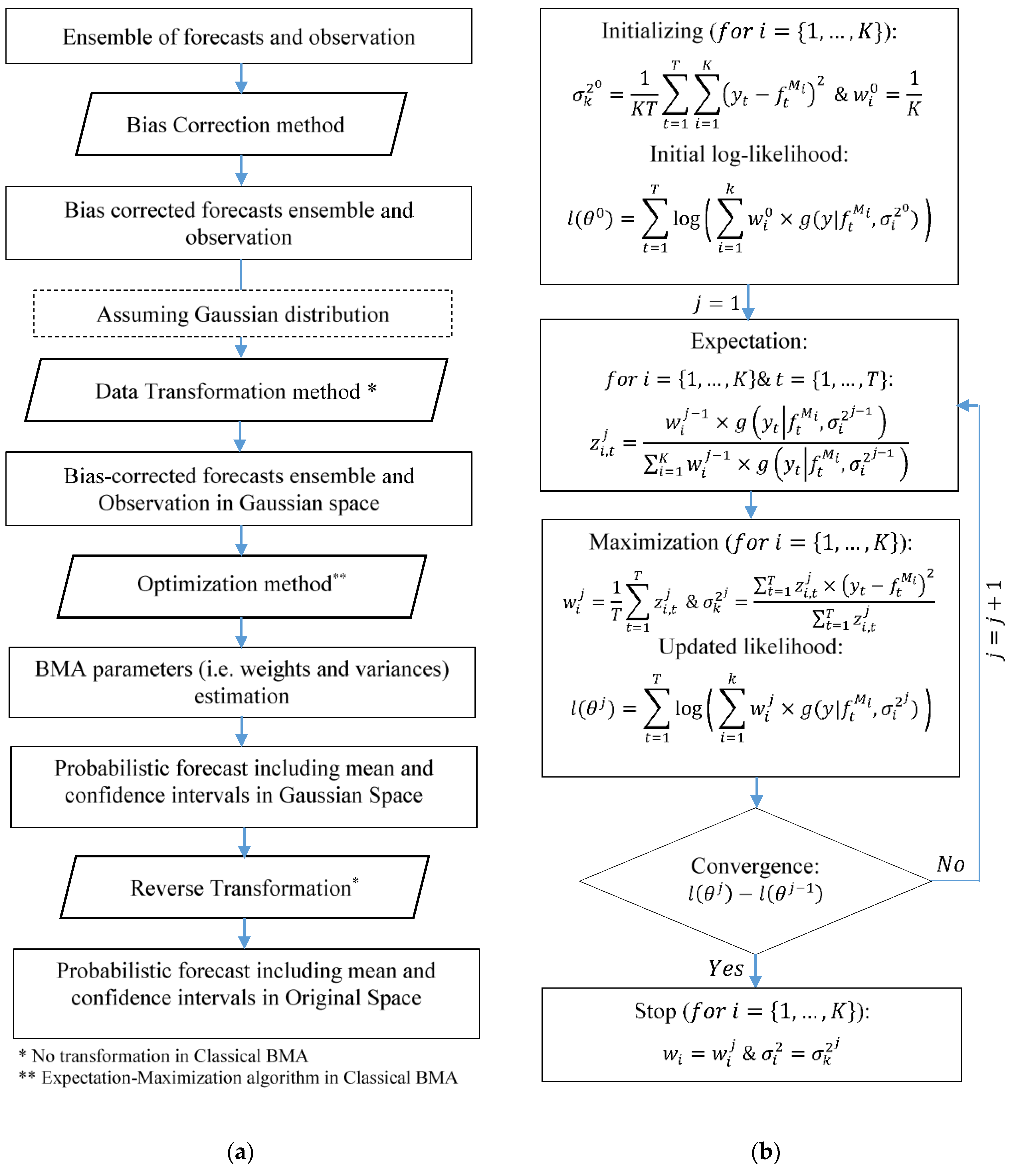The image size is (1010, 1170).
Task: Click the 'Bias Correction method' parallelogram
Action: [241, 124]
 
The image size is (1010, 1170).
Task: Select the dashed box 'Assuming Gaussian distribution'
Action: [243, 314]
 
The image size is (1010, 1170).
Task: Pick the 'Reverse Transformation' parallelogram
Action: [244, 888]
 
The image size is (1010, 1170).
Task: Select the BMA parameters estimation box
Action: [242, 682]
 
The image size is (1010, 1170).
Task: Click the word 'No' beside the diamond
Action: [951, 864]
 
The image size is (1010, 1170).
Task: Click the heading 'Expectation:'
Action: [749, 341]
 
